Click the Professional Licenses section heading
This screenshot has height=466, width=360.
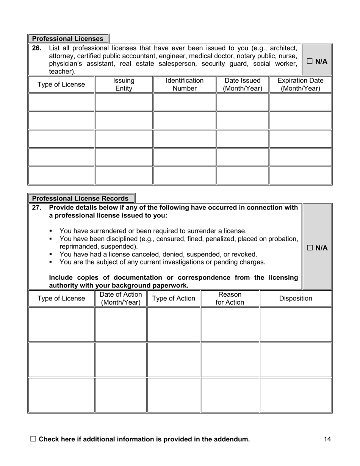[68, 39]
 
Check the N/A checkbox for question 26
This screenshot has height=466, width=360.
[310, 61]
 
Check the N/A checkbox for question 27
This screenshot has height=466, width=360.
[310, 248]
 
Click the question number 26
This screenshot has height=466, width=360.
[37, 48]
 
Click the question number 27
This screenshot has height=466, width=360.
[37, 208]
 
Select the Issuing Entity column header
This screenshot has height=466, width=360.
[124, 84]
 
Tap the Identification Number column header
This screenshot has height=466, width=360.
[185, 84]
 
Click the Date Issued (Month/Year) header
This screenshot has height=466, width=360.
[243, 84]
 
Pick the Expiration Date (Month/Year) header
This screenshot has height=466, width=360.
[301, 84]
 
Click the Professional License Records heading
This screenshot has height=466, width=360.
[80, 199]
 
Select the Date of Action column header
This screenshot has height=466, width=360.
[121, 298]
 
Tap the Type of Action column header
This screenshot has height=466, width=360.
[174, 298]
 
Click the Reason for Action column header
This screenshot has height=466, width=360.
[230, 298]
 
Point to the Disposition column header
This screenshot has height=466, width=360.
[296, 298]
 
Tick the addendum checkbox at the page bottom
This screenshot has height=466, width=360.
[33, 439]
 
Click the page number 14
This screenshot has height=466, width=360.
[328, 439]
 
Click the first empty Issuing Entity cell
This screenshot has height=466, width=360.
[124, 102]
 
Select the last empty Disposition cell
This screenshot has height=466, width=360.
[296, 395]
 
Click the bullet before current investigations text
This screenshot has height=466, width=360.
[51, 262]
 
